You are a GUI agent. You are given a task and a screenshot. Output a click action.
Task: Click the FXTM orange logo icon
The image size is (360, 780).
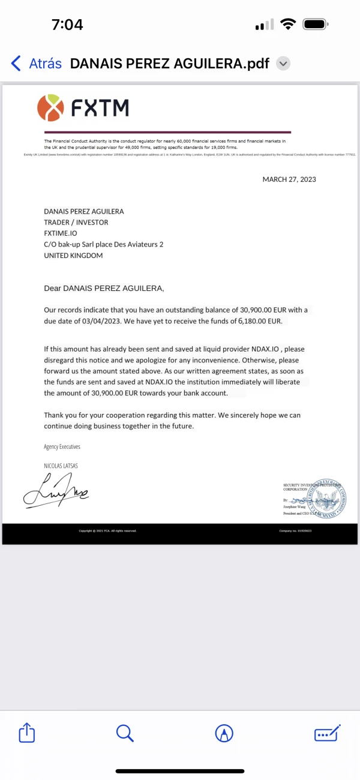[50, 107]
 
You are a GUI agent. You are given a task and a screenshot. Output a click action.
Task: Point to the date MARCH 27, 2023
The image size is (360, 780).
[289, 179]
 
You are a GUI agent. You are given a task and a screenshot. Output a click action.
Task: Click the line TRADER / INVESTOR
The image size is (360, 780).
[76, 223]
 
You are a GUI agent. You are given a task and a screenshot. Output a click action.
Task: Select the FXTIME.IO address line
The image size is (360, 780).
[61, 233]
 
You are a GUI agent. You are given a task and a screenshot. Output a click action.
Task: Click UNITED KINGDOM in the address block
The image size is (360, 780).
[73, 256]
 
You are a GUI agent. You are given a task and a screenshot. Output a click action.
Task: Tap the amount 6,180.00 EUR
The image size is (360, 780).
[259, 322]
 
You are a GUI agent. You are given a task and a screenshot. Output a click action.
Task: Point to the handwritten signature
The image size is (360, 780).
[55, 488]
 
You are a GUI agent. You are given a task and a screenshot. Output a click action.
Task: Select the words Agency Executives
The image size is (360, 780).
[62, 447]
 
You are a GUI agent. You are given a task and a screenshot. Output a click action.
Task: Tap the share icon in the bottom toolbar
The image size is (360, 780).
[27, 733]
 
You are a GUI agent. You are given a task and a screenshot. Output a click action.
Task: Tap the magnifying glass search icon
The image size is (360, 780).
[125, 733]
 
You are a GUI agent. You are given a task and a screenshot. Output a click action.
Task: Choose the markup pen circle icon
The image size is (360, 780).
[224, 733]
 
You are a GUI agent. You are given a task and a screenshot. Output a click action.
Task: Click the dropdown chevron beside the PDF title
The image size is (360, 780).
[284, 63]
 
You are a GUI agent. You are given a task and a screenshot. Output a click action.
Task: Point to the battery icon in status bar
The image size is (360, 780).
[314, 25]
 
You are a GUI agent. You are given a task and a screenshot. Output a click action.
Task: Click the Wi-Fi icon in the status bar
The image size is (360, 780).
[288, 25]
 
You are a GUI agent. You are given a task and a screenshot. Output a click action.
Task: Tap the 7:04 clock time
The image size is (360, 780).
[67, 25]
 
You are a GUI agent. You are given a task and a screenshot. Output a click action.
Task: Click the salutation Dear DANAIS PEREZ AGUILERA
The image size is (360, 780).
[104, 288]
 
